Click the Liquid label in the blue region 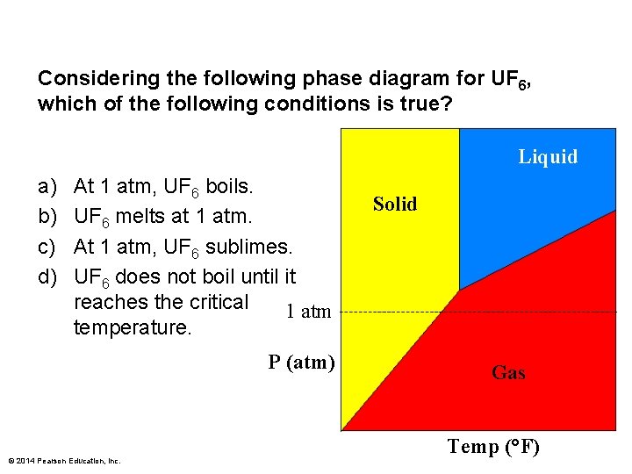tap(548, 157)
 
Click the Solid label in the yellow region tap(395, 205)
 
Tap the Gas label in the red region tap(508, 373)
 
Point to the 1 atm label tap(309, 311)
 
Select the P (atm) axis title tap(301, 362)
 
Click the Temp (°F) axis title tap(493, 447)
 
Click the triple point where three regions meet tap(459, 289)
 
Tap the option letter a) tap(47, 186)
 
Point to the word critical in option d tap(219, 302)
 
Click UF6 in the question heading tap(506, 79)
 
